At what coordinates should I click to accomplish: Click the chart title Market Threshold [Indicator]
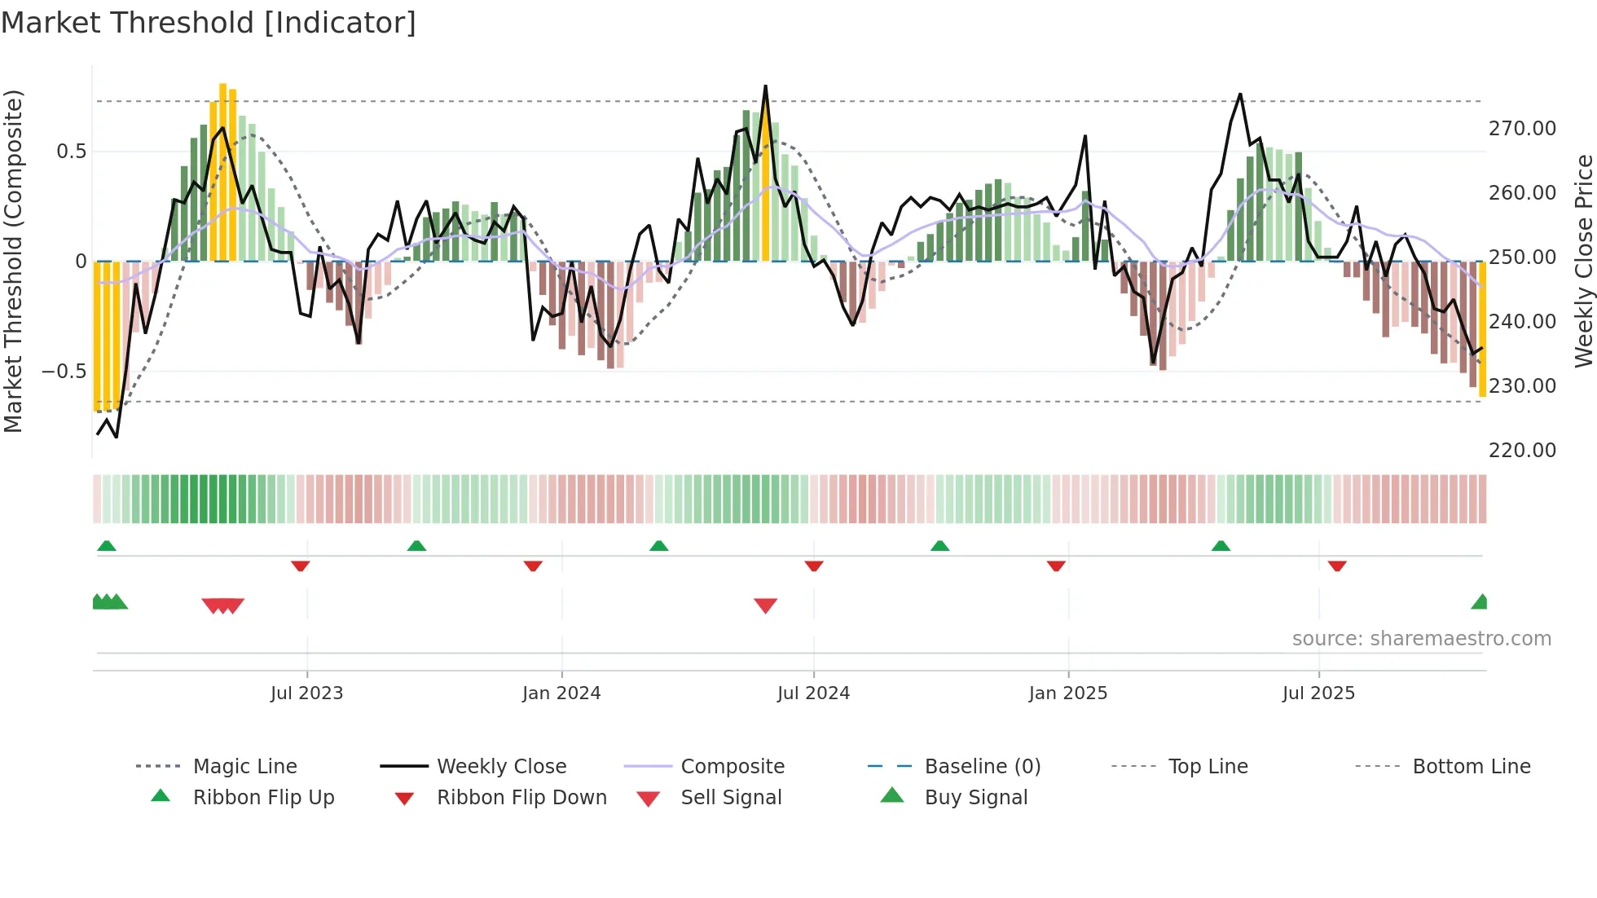tap(209, 23)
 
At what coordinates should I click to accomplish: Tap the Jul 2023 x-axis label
tap(306, 693)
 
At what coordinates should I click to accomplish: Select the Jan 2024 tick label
tap(561, 693)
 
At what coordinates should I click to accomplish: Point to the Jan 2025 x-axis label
tap(1067, 693)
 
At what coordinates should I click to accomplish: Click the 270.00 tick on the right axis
tap(1522, 129)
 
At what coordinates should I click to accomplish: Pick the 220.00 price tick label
tap(1522, 451)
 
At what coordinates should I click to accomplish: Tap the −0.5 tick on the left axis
tap(64, 372)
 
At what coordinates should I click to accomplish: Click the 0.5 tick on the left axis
tap(72, 152)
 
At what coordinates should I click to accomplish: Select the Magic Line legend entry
tap(244, 767)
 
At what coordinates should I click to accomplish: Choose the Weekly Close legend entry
tap(501, 767)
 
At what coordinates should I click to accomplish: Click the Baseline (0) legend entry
tap(982, 767)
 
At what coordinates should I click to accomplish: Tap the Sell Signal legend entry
tap(731, 798)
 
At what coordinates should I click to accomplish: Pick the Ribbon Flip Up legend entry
tap(263, 798)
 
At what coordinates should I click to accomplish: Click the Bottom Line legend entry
tap(1471, 767)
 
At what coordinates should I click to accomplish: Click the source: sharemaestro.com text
tap(1421, 639)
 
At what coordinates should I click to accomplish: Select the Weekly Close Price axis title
tap(1583, 261)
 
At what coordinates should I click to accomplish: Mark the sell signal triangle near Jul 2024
tap(765, 605)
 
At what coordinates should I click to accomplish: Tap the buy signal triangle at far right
tap(1480, 602)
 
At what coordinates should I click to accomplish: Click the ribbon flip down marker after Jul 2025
tap(1336, 566)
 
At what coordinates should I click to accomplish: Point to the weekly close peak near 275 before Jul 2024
tap(765, 86)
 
